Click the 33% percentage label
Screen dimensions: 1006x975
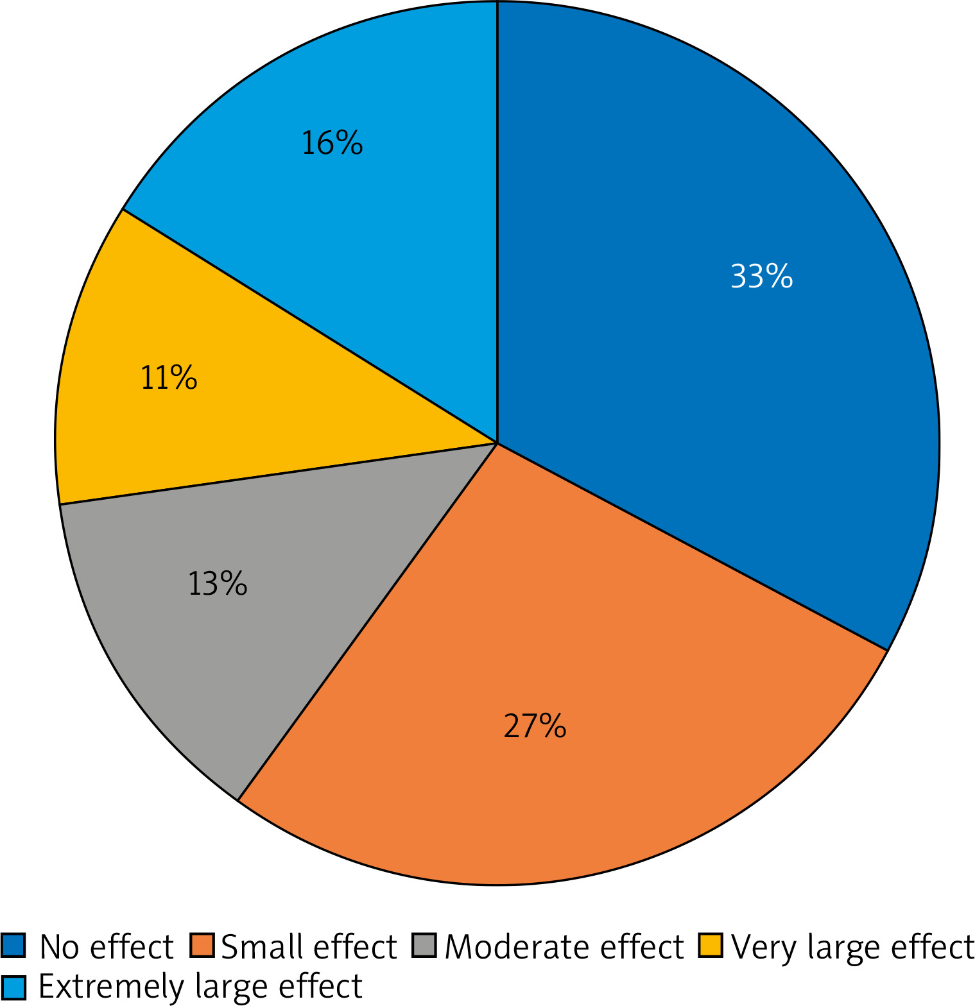[x=761, y=277]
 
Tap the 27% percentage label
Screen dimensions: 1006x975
[x=535, y=726]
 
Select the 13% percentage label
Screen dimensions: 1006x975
[x=218, y=584]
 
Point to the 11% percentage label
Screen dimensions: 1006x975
[x=169, y=377]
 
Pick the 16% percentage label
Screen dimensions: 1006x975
[x=332, y=142]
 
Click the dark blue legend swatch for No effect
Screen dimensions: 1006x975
[x=13, y=946]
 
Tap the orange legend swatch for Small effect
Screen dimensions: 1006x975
[x=202, y=946]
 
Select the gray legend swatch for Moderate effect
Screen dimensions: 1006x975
[x=424, y=946]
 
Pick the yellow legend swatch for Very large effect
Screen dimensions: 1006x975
[x=711, y=946]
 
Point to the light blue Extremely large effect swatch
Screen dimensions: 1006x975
[x=13, y=987]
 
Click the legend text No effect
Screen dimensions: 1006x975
[x=107, y=946]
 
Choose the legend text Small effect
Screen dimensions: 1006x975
[x=309, y=946]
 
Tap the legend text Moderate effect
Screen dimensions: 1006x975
[x=564, y=946]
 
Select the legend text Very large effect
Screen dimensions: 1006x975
[x=852, y=948]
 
